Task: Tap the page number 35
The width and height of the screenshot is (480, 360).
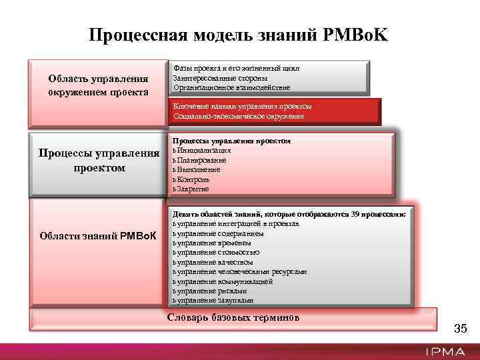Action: coord(460,329)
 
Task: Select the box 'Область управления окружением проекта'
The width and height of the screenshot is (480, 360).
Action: coord(98,85)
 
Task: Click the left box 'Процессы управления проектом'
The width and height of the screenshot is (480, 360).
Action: coord(98,161)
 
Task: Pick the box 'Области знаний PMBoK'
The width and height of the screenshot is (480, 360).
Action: coord(98,236)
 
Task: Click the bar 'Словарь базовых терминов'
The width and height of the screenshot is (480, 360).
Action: coord(233,317)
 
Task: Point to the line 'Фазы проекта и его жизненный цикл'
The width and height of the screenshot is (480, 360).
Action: coord(236,68)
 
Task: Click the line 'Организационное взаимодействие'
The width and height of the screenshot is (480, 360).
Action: coord(231,87)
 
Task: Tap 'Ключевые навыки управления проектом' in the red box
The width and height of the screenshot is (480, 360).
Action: coord(242,107)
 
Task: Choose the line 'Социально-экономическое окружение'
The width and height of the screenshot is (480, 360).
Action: coord(239,117)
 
